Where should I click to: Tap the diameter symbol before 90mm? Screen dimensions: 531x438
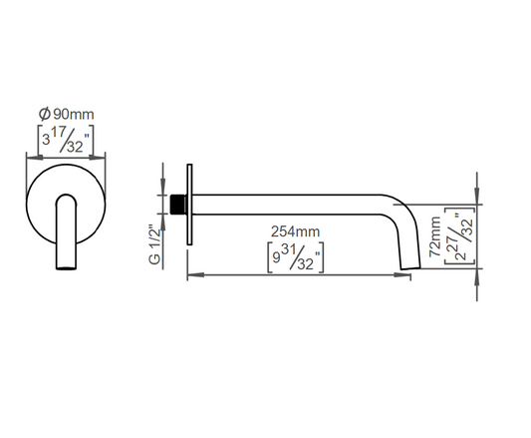click(x=45, y=114)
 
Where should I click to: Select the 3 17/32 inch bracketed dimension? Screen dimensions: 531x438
click(x=66, y=140)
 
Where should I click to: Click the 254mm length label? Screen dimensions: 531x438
click(x=295, y=231)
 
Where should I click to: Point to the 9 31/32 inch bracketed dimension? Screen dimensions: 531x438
click(x=296, y=257)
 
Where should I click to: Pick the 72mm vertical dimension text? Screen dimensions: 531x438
click(x=435, y=236)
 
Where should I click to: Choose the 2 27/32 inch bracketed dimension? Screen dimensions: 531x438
click(x=460, y=235)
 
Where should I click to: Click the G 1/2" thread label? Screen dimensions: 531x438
click(x=154, y=243)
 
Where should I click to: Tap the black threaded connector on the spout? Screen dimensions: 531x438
click(x=178, y=205)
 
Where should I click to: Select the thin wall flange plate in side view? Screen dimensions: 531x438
click(x=189, y=205)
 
